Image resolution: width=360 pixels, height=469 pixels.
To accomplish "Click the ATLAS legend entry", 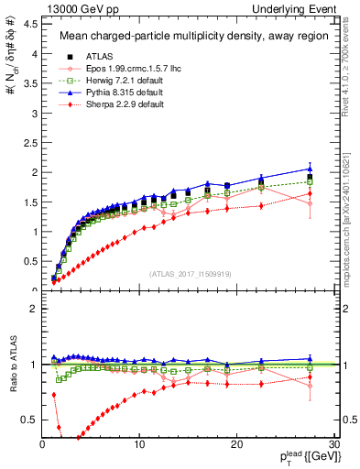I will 89,57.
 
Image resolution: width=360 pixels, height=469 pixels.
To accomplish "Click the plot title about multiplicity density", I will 183,37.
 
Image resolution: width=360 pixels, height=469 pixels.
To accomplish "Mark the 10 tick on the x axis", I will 139,444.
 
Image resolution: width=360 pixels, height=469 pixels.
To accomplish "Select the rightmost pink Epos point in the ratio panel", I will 310,386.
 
